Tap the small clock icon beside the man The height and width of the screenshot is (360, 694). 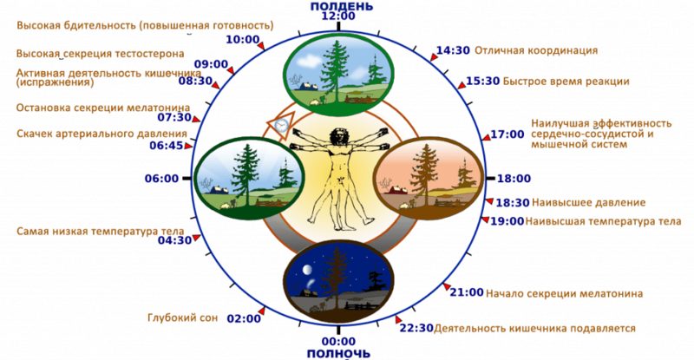click(279, 127)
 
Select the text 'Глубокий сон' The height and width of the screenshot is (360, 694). click(183, 318)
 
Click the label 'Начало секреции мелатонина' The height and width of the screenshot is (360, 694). click(565, 293)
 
